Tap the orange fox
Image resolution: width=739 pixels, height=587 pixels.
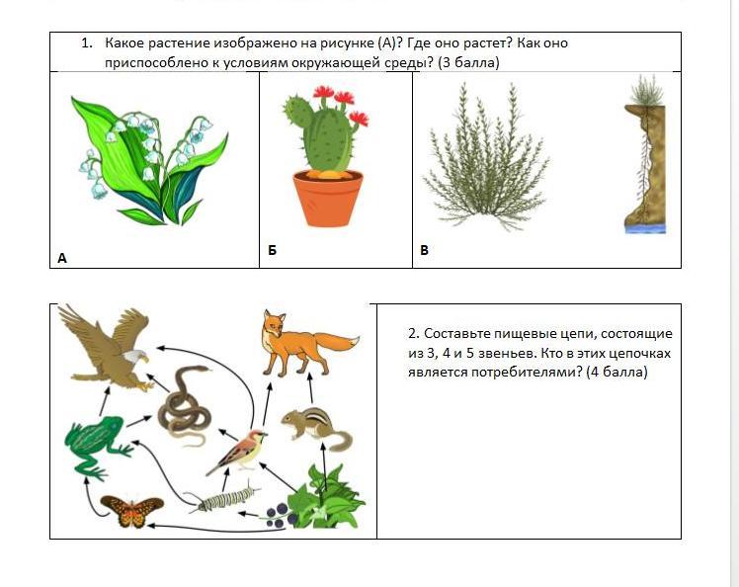pyautogui.click(x=306, y=343)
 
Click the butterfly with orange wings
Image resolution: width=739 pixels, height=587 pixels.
pyautogui.click(x=132, y=511)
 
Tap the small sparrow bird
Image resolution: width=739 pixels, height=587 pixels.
pyautogui.click(x=238, y=450)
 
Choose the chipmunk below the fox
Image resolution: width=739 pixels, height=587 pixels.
pyautogui.click(x=317, y=428)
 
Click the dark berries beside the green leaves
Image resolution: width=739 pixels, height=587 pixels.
pyautogui.click(x=277, y=515)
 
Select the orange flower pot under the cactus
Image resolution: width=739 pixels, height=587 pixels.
pyautogui.click(x=328, y=198)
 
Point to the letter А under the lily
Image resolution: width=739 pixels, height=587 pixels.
pyautogui.click(x=61, y=258)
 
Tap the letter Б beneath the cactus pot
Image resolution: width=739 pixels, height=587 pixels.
pyautogui.click(x=273, y=250)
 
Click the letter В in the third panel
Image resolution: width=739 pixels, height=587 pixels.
pyautogui.click(x=424, y=250)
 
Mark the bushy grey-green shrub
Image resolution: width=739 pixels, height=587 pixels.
pyautogui.click(x=486, y=158)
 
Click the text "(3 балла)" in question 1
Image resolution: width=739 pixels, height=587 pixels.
pyautogui.click(x=468, y=62)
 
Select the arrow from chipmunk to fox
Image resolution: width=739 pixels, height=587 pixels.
pyautogui.click(x=310, y=389)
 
